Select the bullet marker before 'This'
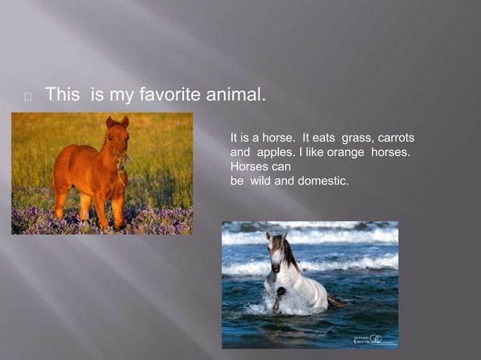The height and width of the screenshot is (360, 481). tap(27, 96)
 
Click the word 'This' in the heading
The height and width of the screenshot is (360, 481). tap(64, 96)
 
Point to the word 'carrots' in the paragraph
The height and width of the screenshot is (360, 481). tap(395, 139)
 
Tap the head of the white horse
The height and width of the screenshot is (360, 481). tap(276, 252)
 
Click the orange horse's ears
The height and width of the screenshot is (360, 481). tap(117, 121)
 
